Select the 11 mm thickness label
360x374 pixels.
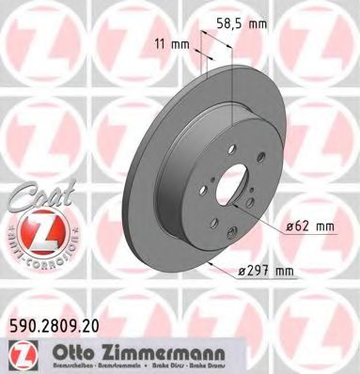point(171,43)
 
